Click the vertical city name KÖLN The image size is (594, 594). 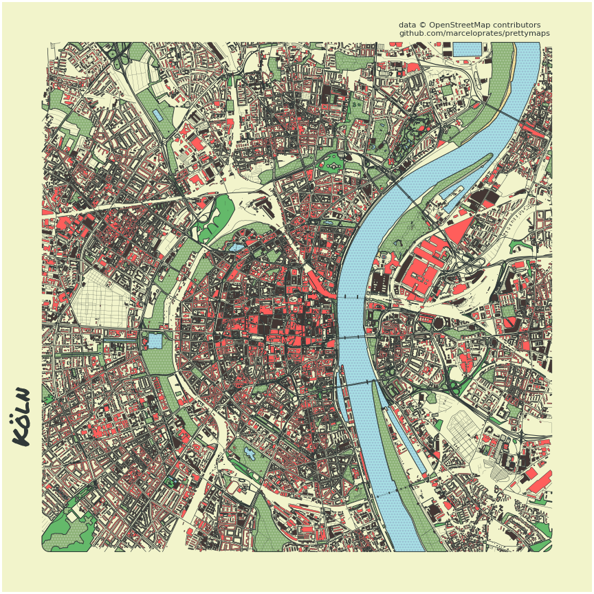coord(22,416)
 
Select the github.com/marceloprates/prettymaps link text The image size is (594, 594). coord(474,33)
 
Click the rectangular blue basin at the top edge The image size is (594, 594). coord(467,49)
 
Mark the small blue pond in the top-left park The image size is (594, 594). coord(158,115)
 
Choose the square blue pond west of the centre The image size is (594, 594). coord(155,340)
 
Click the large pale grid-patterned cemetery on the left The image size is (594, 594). coord(103,298)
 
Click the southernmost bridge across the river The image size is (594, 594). coord(395,491)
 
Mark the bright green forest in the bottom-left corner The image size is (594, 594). coord(69,529)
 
